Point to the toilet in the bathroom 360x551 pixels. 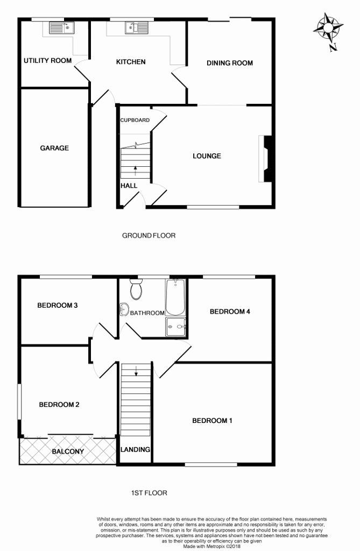click(x=136, y=291)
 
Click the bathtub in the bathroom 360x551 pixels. click(x=175, y=298)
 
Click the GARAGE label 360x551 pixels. click(x=54, y=148)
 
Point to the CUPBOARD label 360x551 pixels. click(x=135, y=120)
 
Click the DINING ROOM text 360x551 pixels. click(x=230, y=63)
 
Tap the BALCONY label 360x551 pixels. click(x=68, y=451)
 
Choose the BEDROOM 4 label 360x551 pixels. click(x=230, y=312)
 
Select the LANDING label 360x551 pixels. click(x=135, y=450)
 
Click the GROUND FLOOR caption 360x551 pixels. click(x=149, y=235)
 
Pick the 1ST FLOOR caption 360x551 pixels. click(x=149, y=492)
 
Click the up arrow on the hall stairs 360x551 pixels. click(x=135, y=169)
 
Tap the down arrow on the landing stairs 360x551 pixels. click(x=136, y=371)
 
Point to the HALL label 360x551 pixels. click(x=129, y=186)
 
